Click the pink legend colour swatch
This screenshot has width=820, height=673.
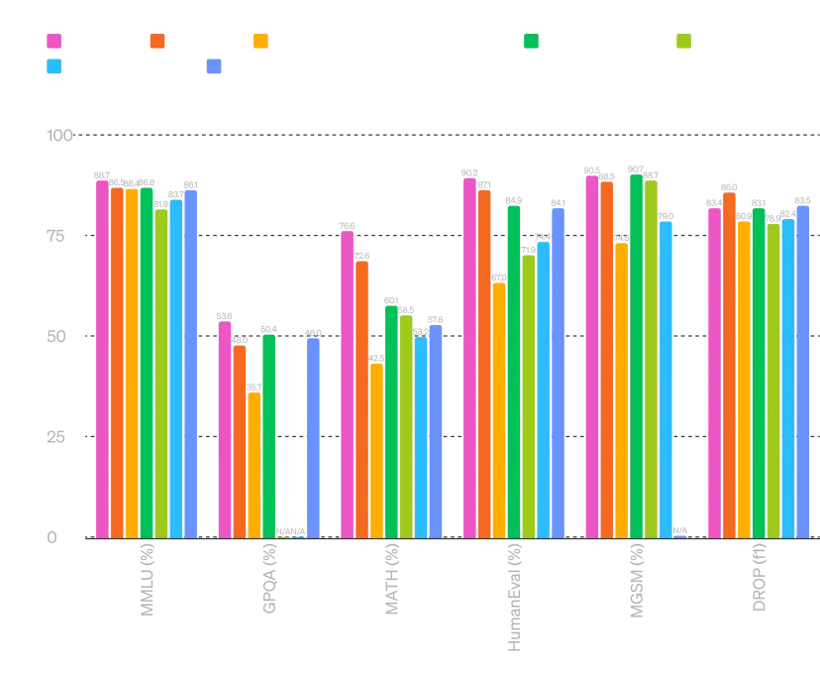point(53,41)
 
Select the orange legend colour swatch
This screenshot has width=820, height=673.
point(156,41)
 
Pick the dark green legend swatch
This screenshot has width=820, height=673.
point(530,41)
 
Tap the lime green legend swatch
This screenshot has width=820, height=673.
point(683,41)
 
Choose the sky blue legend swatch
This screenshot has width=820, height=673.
point(53,67)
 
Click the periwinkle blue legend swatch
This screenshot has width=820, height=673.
point(216,67)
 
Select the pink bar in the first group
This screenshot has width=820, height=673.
point(102,357)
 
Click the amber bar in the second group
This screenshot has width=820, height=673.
point(255,462)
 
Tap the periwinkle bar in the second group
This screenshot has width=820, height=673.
point(314,436)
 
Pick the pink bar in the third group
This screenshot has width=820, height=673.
point(348,383)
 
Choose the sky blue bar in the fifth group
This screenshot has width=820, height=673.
point(666,378)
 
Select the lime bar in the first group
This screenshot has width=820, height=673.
point(160,372)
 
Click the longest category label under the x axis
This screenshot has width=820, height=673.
point(515,600)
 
